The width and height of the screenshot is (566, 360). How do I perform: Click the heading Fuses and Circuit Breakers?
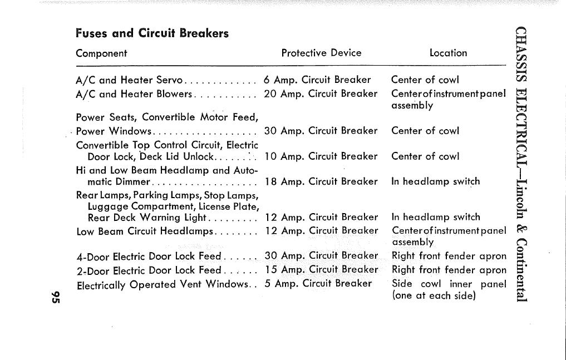point(152,33)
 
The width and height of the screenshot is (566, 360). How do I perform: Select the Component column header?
point(101,53)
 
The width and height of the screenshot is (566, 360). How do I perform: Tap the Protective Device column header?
point(321,53)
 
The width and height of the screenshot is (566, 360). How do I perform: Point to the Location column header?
point(448,53)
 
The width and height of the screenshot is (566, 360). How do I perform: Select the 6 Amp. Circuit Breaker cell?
point(317,80)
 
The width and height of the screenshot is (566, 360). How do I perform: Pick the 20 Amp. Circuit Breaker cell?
point(321,93)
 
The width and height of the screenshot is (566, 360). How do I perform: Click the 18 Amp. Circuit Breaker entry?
point(321,181)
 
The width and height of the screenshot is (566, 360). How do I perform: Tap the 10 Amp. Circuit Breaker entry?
point(321,156)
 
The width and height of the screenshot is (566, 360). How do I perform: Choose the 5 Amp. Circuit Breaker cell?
point(318,283)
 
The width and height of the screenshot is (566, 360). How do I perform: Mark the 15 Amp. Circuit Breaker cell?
point(321,270)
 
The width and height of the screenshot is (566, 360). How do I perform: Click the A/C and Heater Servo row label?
point(129,80)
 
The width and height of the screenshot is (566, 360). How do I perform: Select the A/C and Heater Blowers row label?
point(134,94)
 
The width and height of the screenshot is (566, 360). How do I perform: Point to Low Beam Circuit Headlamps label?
point(145,231)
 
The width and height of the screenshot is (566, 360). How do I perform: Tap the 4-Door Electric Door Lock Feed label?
point(149,257)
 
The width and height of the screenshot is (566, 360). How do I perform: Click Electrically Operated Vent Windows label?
point(161,284)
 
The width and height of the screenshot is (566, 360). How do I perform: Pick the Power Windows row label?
point(114,131)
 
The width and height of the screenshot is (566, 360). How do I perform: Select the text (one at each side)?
point(434,296)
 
